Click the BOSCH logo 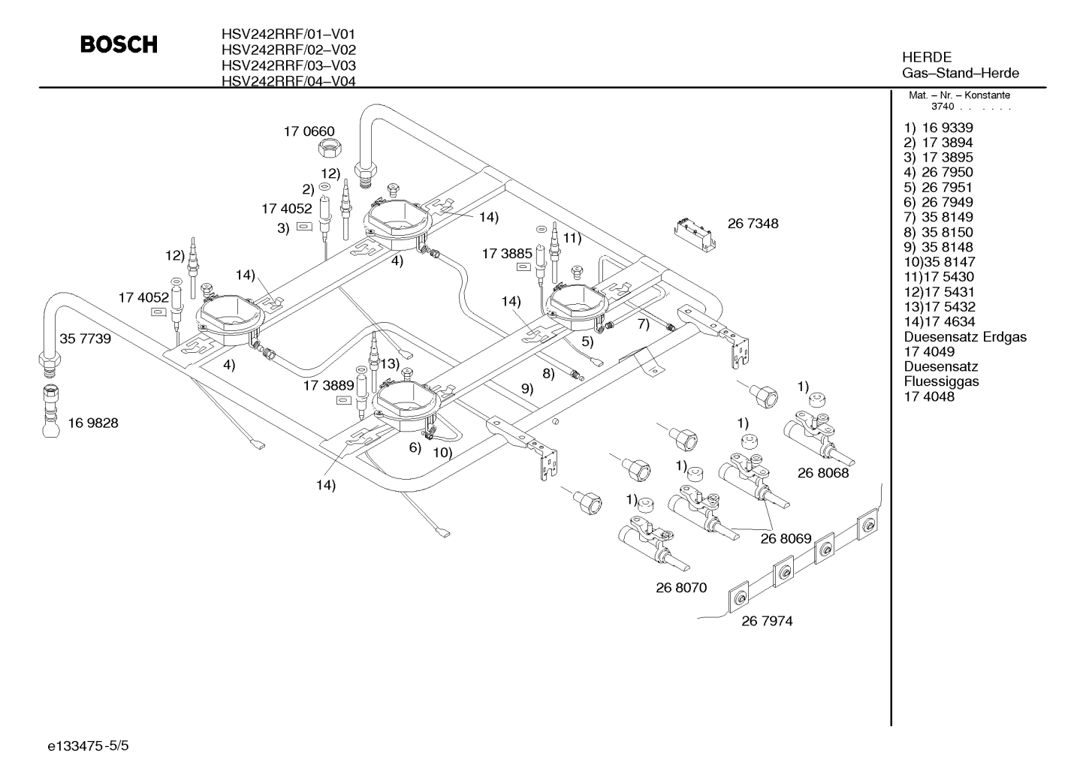119,44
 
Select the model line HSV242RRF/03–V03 288,65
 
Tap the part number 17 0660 309,131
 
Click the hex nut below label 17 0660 330,147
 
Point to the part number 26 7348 753,223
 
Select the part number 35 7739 85,339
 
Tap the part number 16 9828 93,423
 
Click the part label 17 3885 507,253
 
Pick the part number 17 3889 329,385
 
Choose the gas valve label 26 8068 823,473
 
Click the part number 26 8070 681,587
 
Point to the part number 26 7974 767,621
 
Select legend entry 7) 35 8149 939,217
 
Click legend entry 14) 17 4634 940,321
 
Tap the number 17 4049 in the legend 929,351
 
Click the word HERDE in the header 927,57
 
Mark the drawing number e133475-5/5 88,745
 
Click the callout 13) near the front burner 391,363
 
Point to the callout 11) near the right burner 572,238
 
